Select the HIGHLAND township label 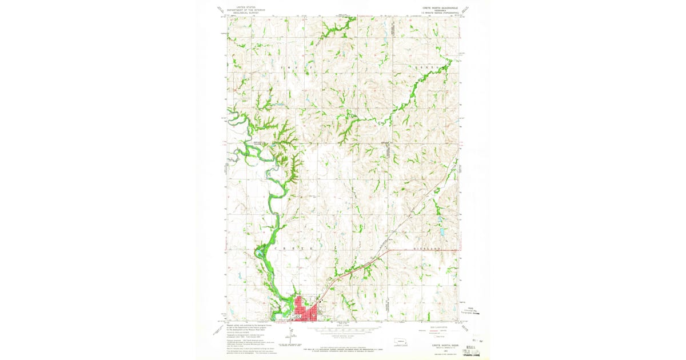pyautogui.click(x=428, y=249)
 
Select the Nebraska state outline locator pyautogui.click(x=400, y=343)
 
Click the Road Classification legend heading pyautogui.click(x=437, y=327)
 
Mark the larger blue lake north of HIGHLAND pyautogui.click(x=442, y=232)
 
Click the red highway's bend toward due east pyautogui.click(x=389, y=250)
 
